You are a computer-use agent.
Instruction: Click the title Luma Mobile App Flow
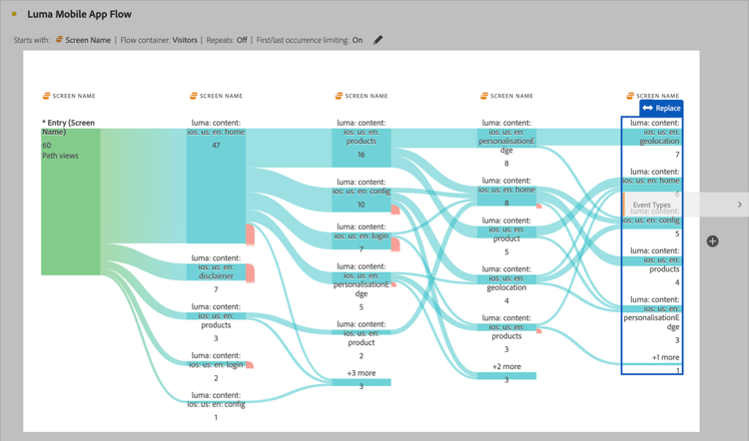click(x=79, y=14)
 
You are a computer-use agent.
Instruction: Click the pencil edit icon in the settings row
click(x=377, y=40)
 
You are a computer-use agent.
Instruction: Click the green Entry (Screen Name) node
click(x=70, y=201)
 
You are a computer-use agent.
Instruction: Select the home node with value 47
click(x=216, y=186)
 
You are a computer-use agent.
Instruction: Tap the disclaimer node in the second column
click(x=216, y=271)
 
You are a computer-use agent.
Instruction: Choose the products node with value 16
click(x=362, y=148)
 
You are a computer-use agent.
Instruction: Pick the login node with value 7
click(x=362, y=240)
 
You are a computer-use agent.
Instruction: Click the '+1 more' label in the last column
click(x=665, y=357)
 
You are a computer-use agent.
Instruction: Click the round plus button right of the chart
click(x=712, y=241)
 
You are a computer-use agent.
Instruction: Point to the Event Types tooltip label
click(x=651, y=205)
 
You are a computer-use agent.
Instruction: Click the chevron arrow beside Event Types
click(x=739, y=205)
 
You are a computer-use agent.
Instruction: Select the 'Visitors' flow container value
click(x=185, y=41)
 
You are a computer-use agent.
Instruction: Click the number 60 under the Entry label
click(x=47, y=146)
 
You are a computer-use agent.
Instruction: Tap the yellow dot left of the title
click(x=14, y=15)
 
